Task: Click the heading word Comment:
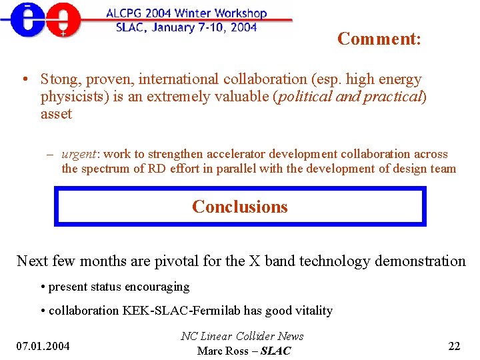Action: [379, 39]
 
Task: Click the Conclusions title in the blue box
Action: [240, 207]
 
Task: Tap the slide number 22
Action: [455, 345]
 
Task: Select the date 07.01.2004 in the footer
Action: [43, 345]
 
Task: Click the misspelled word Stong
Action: [59, 79]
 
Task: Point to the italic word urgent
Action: [79, 154]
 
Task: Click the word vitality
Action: [311, 310]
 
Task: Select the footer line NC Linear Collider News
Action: [242, 336]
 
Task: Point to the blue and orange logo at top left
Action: [41, 20]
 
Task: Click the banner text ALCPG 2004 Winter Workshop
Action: [187, 13]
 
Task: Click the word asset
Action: [56, 114]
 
